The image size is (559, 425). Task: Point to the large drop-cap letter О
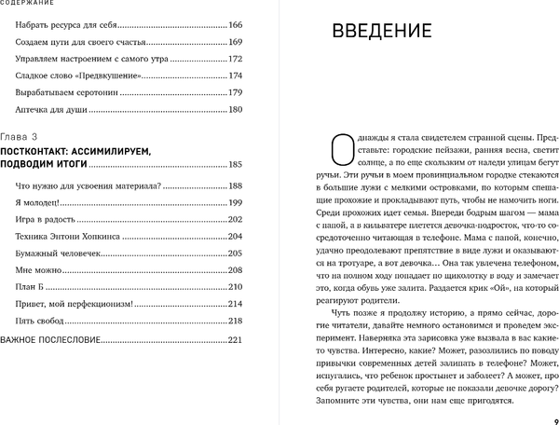click(x=342, y=148)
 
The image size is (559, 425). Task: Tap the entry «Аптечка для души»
click(x=52, y=109)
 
